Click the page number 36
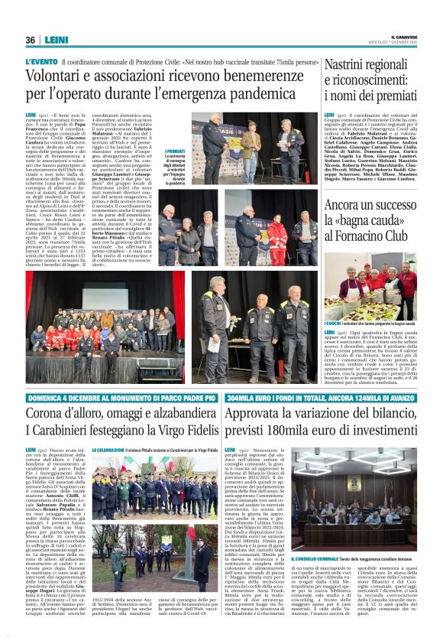[x=31, y=40]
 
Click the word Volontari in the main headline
[x=55, y=76]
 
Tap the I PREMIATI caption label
[x=175, y=152]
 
